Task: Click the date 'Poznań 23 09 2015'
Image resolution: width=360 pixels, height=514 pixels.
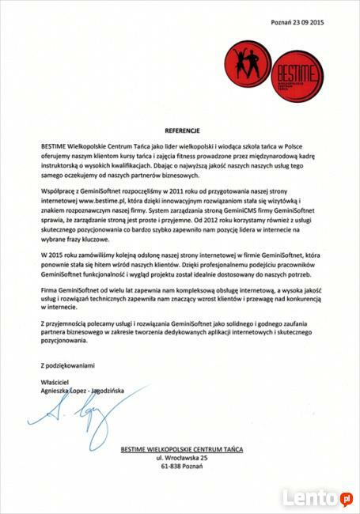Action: point(297,23)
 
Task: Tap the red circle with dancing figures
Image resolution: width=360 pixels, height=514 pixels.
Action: point(245,62)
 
